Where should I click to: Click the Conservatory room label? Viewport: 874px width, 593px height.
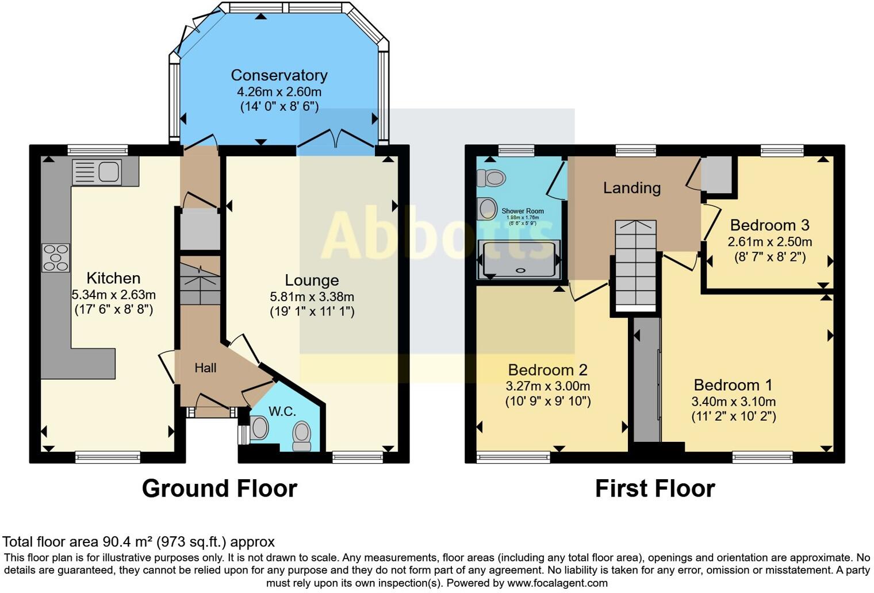click(x=279, y=75)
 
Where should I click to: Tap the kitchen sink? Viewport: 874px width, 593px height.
click(x=97, y=172)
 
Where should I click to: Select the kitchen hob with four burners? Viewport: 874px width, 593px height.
click(x=56, y=258)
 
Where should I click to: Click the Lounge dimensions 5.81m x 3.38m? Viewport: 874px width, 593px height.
click(x=312, y=296)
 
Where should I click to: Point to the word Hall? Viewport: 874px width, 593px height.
click(x=205, y=368)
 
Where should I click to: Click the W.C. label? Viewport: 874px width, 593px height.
click(x=282, y=411)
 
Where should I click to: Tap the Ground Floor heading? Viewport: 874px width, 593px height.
click(x=219, y=488)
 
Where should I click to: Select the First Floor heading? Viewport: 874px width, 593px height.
click(x=654, y=488)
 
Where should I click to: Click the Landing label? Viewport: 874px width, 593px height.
click(x=631, y=188)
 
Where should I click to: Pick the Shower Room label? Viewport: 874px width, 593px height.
click(x=522, y=211)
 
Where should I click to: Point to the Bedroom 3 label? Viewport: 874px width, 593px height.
click(x=769, y=225)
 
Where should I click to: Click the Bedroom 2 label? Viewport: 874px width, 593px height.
click(x=547, y=369)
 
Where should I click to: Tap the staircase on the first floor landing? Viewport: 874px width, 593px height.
click(x=635, y=264)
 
